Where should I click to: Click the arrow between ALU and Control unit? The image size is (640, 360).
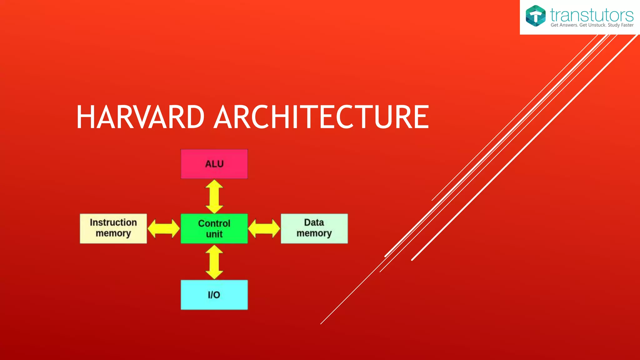tap(214, 197)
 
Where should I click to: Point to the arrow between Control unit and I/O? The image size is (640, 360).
tap(214, 262)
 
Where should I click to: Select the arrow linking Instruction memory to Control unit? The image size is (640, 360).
tap(163, 228)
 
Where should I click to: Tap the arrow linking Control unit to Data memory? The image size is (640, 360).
tap(264, 228)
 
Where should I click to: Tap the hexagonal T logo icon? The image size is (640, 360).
tap(535, 16)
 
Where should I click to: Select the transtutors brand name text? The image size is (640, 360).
tap(592, 15)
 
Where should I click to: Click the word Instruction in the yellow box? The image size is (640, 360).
tap(113, 222)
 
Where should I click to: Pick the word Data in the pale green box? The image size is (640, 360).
tap(314, 222)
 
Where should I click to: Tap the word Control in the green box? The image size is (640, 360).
tap(214, 223)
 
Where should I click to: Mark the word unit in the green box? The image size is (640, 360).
tap(214, 234)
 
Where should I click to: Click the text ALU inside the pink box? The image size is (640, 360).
tap(214, 164)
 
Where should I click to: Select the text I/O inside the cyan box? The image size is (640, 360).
tap(214, 295)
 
